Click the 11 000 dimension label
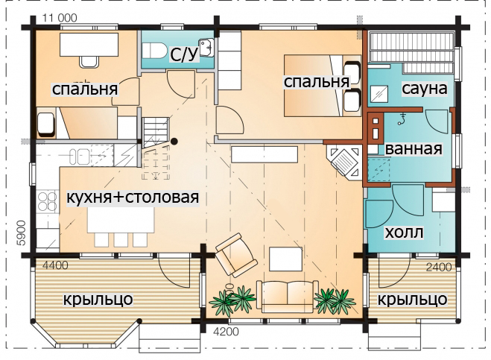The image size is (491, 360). click(59, 18)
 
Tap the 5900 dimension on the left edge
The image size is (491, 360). click(22, 233)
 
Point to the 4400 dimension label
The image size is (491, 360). click(55, 265)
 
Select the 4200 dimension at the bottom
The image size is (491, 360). click(226, 331)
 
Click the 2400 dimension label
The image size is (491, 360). click(439, 267)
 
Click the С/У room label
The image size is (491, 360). click(185, 54)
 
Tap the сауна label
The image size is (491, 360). click(424, 89)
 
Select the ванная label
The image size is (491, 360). click(414, 149)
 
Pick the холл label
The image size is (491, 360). click(404, 233)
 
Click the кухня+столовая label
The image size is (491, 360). click(133, 198)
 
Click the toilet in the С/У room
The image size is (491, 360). click(155, 50)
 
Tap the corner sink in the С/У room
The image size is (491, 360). click(206, 47)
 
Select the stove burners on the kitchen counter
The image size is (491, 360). click(47, 201)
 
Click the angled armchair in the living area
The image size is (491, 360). click(236, 255)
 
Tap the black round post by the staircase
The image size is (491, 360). click(174, 142)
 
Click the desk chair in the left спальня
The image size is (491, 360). click(89, 61)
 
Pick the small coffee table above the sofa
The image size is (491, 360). click(285, 259)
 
